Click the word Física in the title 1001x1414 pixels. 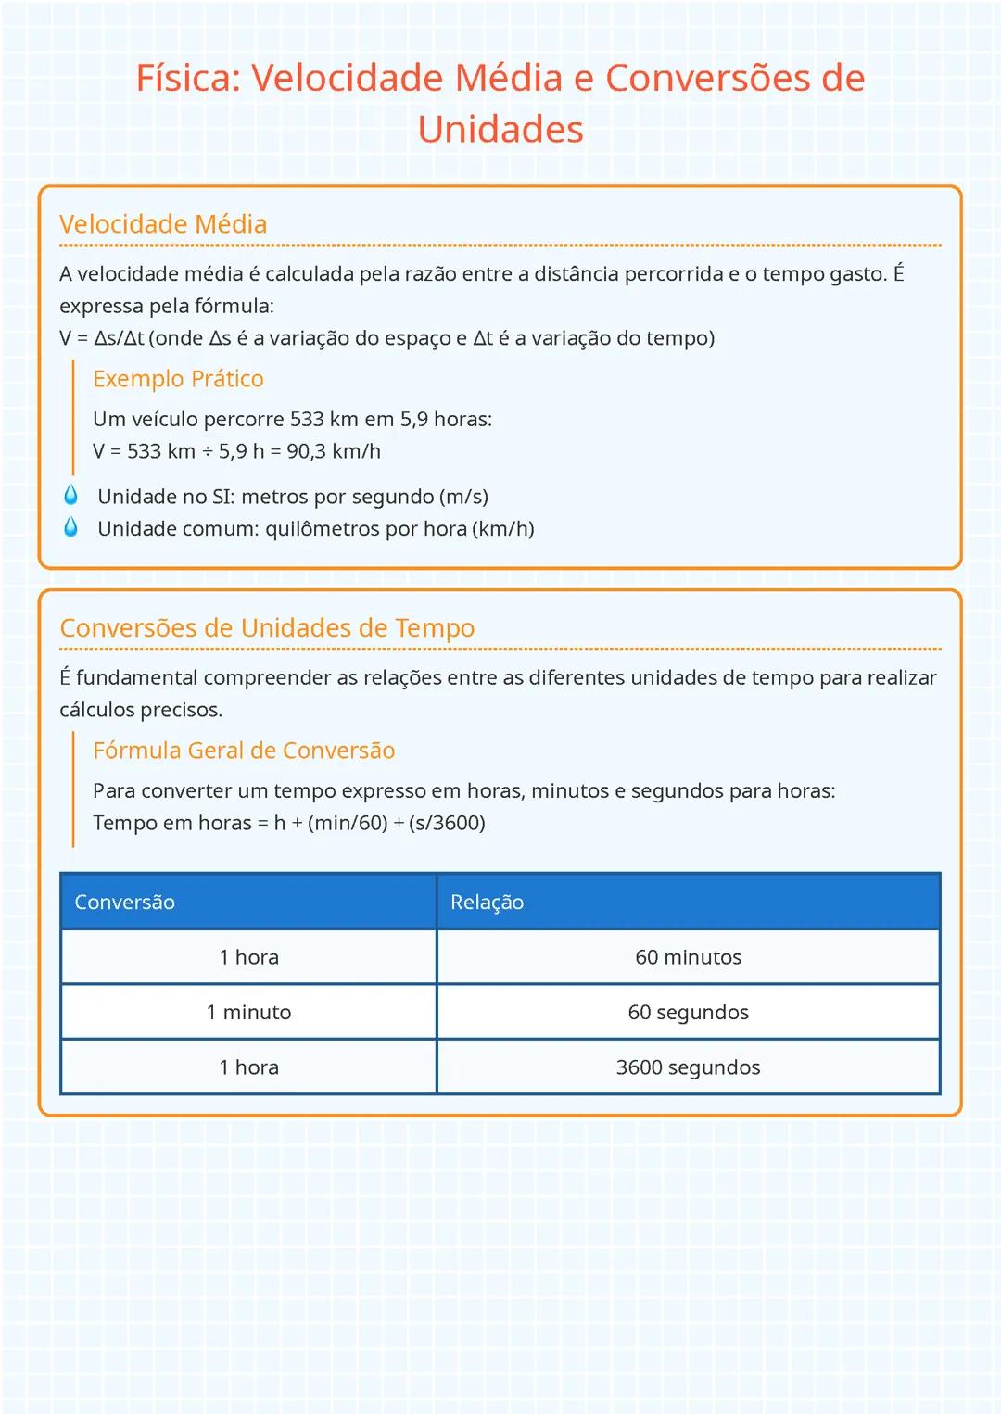(x=187, y=78)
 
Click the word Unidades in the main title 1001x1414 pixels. (x=500, y=130)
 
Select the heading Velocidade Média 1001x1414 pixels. (x=163, y=224)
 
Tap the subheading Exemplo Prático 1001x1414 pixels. (x=178, y=379)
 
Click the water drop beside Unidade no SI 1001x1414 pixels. (x=71, y=495)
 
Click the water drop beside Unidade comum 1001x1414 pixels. (x=71, y=527)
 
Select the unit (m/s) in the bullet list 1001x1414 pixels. (x=463, y=497)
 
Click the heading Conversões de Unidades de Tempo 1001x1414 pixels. (x=267, y=628)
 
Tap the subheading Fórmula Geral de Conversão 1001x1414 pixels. (x=244, y=751)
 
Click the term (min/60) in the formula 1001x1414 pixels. (x=348, y=823)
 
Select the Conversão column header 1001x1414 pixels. (x=124, y=903)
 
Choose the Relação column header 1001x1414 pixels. (x=487, y=903)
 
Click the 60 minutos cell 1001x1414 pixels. (x=688, y=957)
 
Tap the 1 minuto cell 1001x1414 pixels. (x=248, y=1013)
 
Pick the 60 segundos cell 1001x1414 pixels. (x=688, y=1013)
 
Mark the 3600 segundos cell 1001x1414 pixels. (x=688, y=1067)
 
